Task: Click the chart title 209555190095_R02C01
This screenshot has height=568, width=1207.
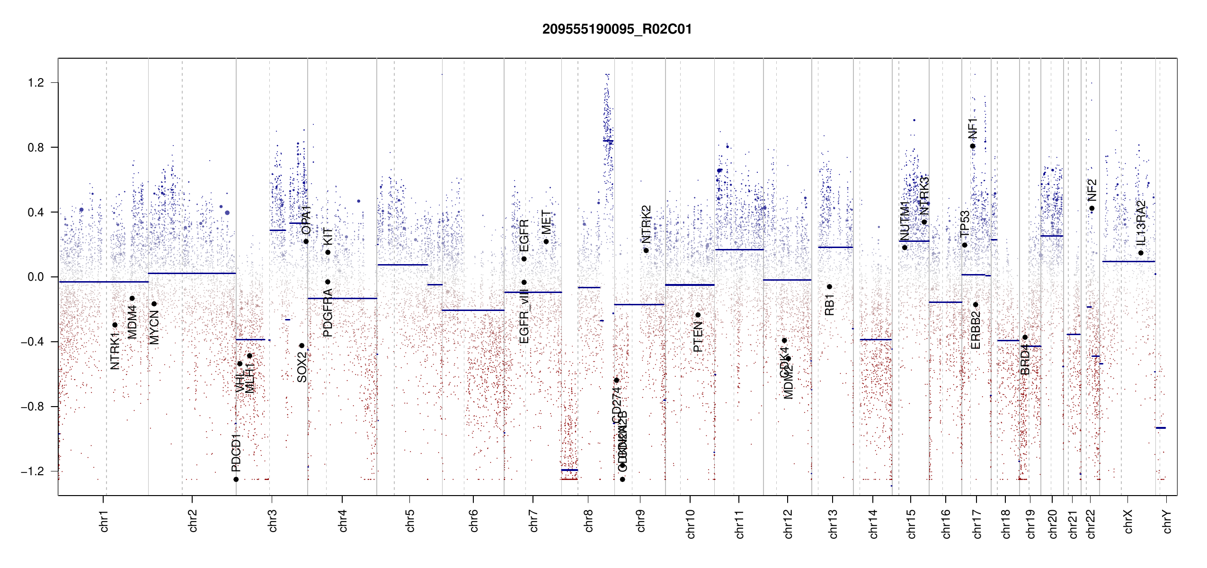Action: (x=617, y=29)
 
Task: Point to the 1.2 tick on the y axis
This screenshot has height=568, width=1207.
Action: (x=35, y=83)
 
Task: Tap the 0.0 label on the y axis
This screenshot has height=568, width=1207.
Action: (x=35, y=277)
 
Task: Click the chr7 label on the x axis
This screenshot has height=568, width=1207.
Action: (x=533, y=521)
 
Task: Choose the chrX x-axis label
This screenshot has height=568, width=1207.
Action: (x=1128, y=521)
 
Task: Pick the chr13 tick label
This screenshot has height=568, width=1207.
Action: (x=833, y=524)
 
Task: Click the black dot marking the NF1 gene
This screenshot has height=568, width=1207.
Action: (x=973, y=146)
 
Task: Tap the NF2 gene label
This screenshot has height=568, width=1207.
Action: (x=1092, y=190)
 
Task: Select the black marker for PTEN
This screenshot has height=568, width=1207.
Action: (x=698, y=315)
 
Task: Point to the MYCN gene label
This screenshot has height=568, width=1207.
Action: (x=154, y=328)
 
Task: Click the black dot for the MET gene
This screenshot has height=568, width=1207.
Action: (x=546, y=242)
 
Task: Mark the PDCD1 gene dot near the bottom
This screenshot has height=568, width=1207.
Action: (x=236, y=479)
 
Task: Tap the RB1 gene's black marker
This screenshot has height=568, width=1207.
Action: (x=829, y=287)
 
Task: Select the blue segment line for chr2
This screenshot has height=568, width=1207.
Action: (x=192, y=273)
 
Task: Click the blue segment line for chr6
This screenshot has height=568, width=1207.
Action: (x=473, y=310)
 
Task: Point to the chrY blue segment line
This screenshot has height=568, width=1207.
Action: (x=1161, y=428)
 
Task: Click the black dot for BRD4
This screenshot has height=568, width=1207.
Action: (x=1025, y=337)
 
